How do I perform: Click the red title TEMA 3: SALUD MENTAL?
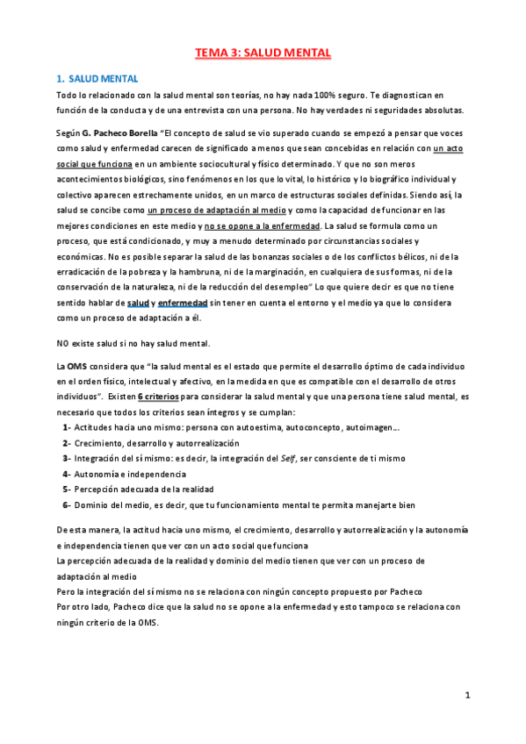tap(263, 54)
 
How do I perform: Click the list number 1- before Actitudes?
tap(67, 426)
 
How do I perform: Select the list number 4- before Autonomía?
tap(67, 473)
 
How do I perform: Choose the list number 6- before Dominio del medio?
tap(67, 504)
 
